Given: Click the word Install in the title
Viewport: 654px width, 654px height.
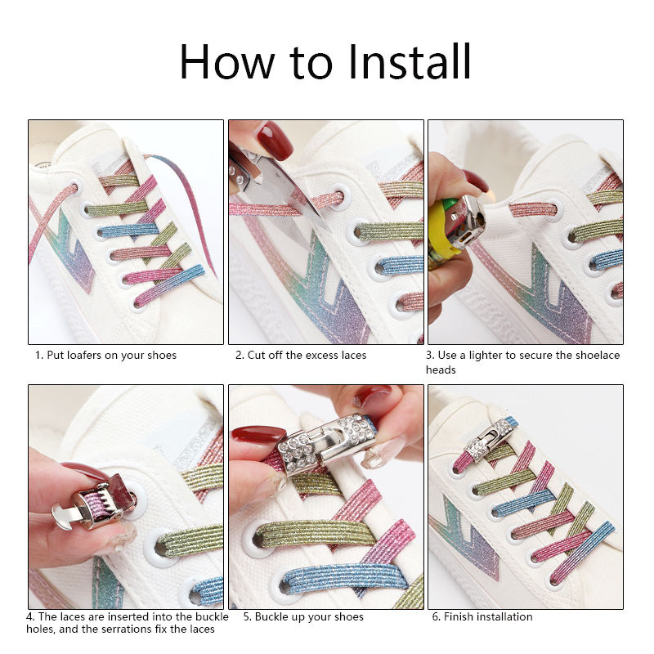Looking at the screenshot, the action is pyautogui.click(x=409, y=61).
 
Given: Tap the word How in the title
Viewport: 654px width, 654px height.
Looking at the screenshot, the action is pyautogui.click(x=227, y=61).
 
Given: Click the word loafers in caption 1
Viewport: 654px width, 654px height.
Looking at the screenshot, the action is pyautogui.click(x=84, y=355).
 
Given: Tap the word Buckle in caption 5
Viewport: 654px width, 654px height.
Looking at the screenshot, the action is pyautogui.click(x=272, y=616).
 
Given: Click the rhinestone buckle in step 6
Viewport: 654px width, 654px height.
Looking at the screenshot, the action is pyautogui.click(x=489, y=439).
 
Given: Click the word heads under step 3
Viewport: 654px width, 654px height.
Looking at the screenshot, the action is pyautogui.click(x=441, y=370).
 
